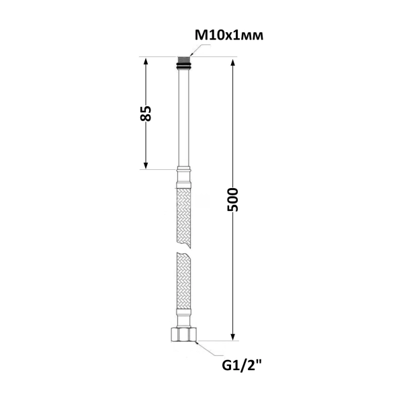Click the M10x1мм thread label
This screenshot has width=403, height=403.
[229, 36]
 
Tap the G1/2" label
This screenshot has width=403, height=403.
[242, 365]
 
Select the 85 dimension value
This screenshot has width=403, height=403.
[146, 113]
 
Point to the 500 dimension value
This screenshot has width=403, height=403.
[233, 199]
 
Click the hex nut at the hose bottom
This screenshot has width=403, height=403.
[183, 334]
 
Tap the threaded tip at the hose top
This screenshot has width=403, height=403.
[183, 60]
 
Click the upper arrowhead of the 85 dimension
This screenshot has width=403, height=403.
[146, 62]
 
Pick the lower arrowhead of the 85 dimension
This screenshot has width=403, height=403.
[146, 165]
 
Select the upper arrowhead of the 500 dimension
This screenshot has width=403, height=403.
[233, 63]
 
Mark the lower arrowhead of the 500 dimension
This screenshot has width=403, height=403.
[233, 337]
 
